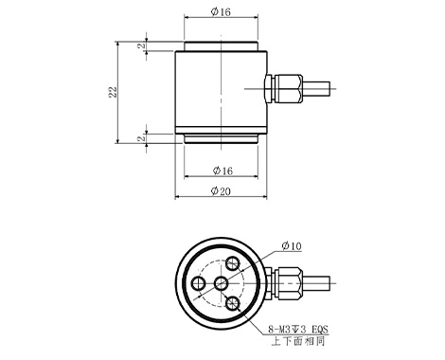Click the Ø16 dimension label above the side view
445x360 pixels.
tap(221, 11)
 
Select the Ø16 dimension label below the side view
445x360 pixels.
tap(222, 171)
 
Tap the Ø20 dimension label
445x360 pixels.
tap(221, 191)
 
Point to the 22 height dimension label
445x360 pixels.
tap(113, 92)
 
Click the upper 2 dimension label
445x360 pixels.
tap(142, 45)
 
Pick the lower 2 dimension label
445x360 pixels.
tap(142, 138)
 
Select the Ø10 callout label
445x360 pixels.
tap(292, 245)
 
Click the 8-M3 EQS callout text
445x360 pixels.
tap(298, 330)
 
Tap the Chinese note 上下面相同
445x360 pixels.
tap(298, 341)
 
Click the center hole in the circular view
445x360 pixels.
tap(221, 283)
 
